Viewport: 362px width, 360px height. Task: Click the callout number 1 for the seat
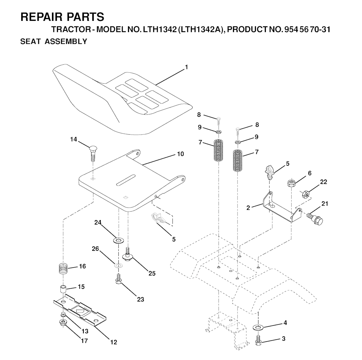[186, 67]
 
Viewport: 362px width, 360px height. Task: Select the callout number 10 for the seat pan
[181, 154]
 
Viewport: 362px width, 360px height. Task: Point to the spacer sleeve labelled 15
[63, 289]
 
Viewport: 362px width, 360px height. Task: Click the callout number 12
[114, 342]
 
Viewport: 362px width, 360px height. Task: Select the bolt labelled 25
[127, 254]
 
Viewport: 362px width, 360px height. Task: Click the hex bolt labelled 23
[118, 278]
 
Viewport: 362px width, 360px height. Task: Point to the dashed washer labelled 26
[119, 265]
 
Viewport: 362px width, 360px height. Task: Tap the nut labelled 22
[306, 194]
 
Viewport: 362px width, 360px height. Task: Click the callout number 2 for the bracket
[248, 208]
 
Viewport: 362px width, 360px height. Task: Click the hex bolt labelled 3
[258, 340]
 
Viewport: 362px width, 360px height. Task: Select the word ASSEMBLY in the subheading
[66, 42]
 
